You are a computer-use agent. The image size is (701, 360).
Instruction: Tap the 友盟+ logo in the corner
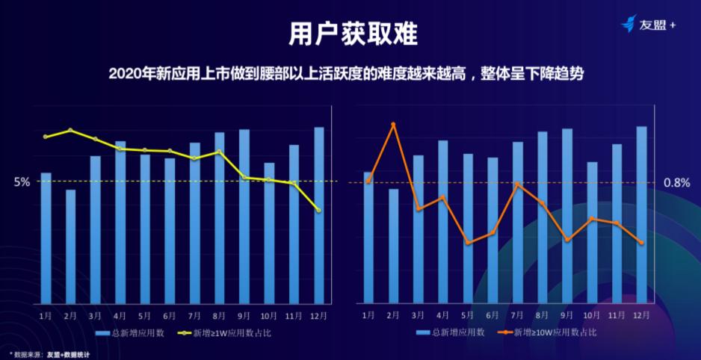coord(648,25)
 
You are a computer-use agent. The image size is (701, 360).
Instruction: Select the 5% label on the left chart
coord(22,181)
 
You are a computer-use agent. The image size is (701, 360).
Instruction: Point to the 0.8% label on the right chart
coord(676,182)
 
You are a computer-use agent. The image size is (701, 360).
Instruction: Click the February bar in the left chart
coord(70,246)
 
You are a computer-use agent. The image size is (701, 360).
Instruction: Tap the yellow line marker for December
coord(319,210)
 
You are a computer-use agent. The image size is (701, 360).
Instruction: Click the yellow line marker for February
coord(70,130)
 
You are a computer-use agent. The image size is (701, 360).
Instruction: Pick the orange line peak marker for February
coord(393,124)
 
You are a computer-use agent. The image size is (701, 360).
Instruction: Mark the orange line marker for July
coord(517,184)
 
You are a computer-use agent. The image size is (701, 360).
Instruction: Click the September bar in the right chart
coord(567,217)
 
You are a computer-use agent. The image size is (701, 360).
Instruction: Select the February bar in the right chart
coord(393,246)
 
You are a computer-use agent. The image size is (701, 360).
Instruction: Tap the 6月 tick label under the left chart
coord(170,316)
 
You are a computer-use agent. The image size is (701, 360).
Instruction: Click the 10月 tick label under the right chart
coord(591,316)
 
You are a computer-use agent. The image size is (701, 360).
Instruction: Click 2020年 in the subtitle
coord(126,74)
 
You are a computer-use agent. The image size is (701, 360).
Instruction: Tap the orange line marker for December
coord(641,242)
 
